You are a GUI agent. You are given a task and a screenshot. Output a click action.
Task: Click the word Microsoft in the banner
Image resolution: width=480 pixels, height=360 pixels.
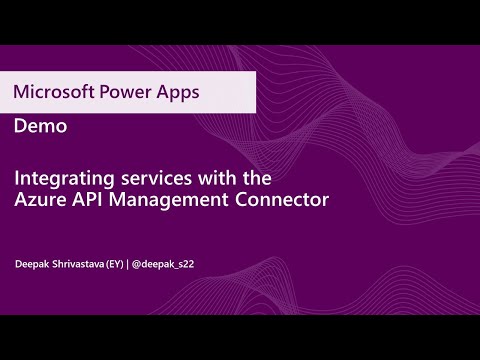(x=50, y=93)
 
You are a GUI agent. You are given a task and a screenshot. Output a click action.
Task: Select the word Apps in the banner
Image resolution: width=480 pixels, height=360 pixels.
(x=173, y=93)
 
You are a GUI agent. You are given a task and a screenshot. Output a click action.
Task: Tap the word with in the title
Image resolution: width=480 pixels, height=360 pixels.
(x=217, y=179)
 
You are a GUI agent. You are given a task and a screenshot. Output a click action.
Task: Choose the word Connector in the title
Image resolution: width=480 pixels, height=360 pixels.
(x=283, y=200)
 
